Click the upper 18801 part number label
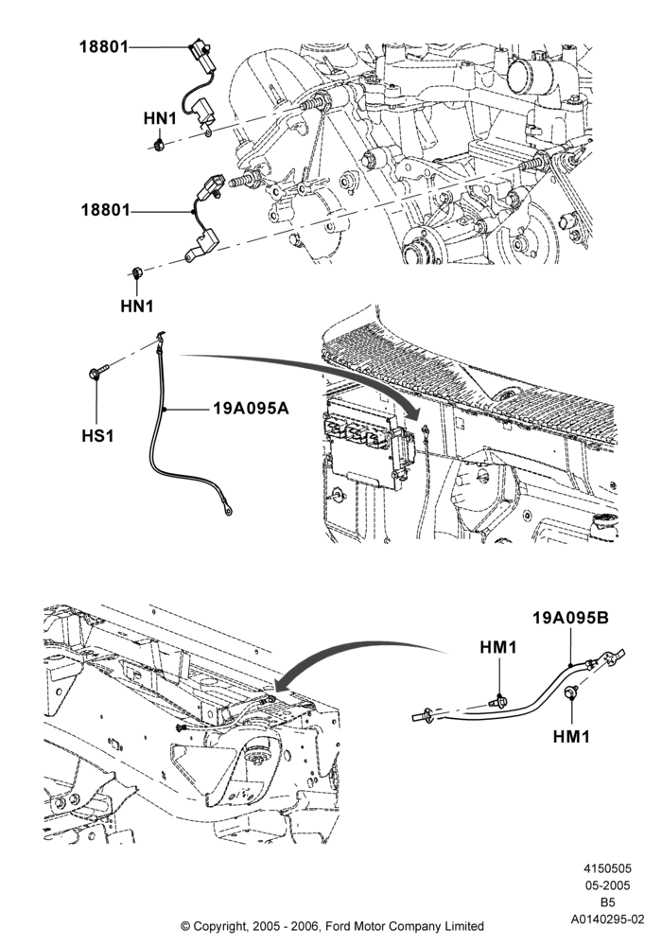(104, 46)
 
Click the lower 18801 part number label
(106, 211)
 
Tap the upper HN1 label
(160, 118)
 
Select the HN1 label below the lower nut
(137, 306)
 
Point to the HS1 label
(97, 434)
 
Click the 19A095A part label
(251, 409)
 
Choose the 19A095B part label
(570, 618)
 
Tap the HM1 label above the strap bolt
(498, 647)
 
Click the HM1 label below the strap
(571, 736)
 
